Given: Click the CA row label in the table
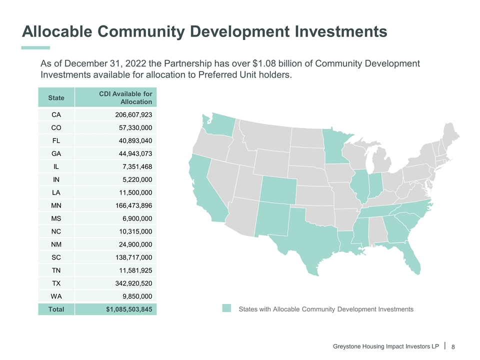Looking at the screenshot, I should coord(56,114).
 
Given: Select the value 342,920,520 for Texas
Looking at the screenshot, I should coord(133,283).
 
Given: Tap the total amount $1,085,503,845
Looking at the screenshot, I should coord(129,309).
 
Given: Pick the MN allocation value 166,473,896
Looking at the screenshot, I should coord(133,205).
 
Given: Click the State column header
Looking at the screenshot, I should coord(56,97).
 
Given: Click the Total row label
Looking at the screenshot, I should coord(56,309).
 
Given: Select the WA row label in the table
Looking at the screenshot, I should coord(56,296).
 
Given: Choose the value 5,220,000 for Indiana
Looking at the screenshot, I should coord(137,179).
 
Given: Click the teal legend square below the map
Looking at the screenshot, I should coord(227,308).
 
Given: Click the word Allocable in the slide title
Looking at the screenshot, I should coord(56,31).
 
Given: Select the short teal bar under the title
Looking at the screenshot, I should coord(35,47).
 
